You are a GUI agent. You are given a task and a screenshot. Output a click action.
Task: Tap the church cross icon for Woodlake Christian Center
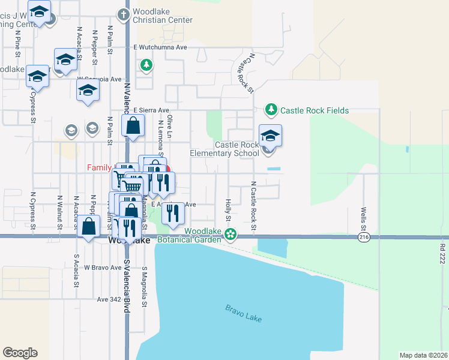click(x=124, y=14)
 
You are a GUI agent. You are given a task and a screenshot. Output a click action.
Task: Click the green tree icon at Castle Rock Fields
click(x=271, y=110)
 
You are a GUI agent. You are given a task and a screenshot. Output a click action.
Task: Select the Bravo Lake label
click(x=244, y=313)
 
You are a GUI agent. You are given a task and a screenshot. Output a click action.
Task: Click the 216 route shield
click(x=364, y=237)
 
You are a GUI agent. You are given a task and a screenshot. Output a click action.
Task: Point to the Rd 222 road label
click(x=442, y=253)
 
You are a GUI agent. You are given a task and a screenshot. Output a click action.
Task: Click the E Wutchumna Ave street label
click(x=160, y=47)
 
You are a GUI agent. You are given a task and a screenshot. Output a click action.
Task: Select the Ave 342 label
click(x=109, y=298)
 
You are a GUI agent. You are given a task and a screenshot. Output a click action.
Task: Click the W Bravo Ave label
click(x=103, y=267)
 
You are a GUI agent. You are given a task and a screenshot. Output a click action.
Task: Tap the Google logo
click(x=20, y=353)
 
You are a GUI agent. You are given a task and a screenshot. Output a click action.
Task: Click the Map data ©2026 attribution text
click(x=423, y=355)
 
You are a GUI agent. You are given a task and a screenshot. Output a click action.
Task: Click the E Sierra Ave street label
click(x=151, y=110)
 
